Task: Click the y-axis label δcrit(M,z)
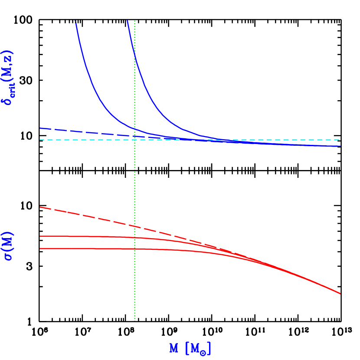coord(9,78)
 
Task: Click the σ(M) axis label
coord(9,246)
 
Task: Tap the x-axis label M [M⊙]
coord(190,348)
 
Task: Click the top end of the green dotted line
coord(135,20)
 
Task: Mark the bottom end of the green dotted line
coord(135,321)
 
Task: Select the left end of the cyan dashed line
coord(40,140)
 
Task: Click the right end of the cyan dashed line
coord(340,140)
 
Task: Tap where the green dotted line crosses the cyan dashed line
coord(135,140)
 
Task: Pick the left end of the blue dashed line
coord(40,128)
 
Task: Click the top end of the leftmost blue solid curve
coord(75,21)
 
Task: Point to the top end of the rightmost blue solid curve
coord(127,20)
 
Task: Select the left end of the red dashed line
coord(40,207)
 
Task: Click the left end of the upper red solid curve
coord(40,236)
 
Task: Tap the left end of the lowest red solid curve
coord(40,249)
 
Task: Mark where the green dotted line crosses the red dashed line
coord(135,226)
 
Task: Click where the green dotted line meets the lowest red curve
coord(135,249)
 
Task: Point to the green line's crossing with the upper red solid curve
coord(135,237)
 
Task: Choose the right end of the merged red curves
coord(340,294)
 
